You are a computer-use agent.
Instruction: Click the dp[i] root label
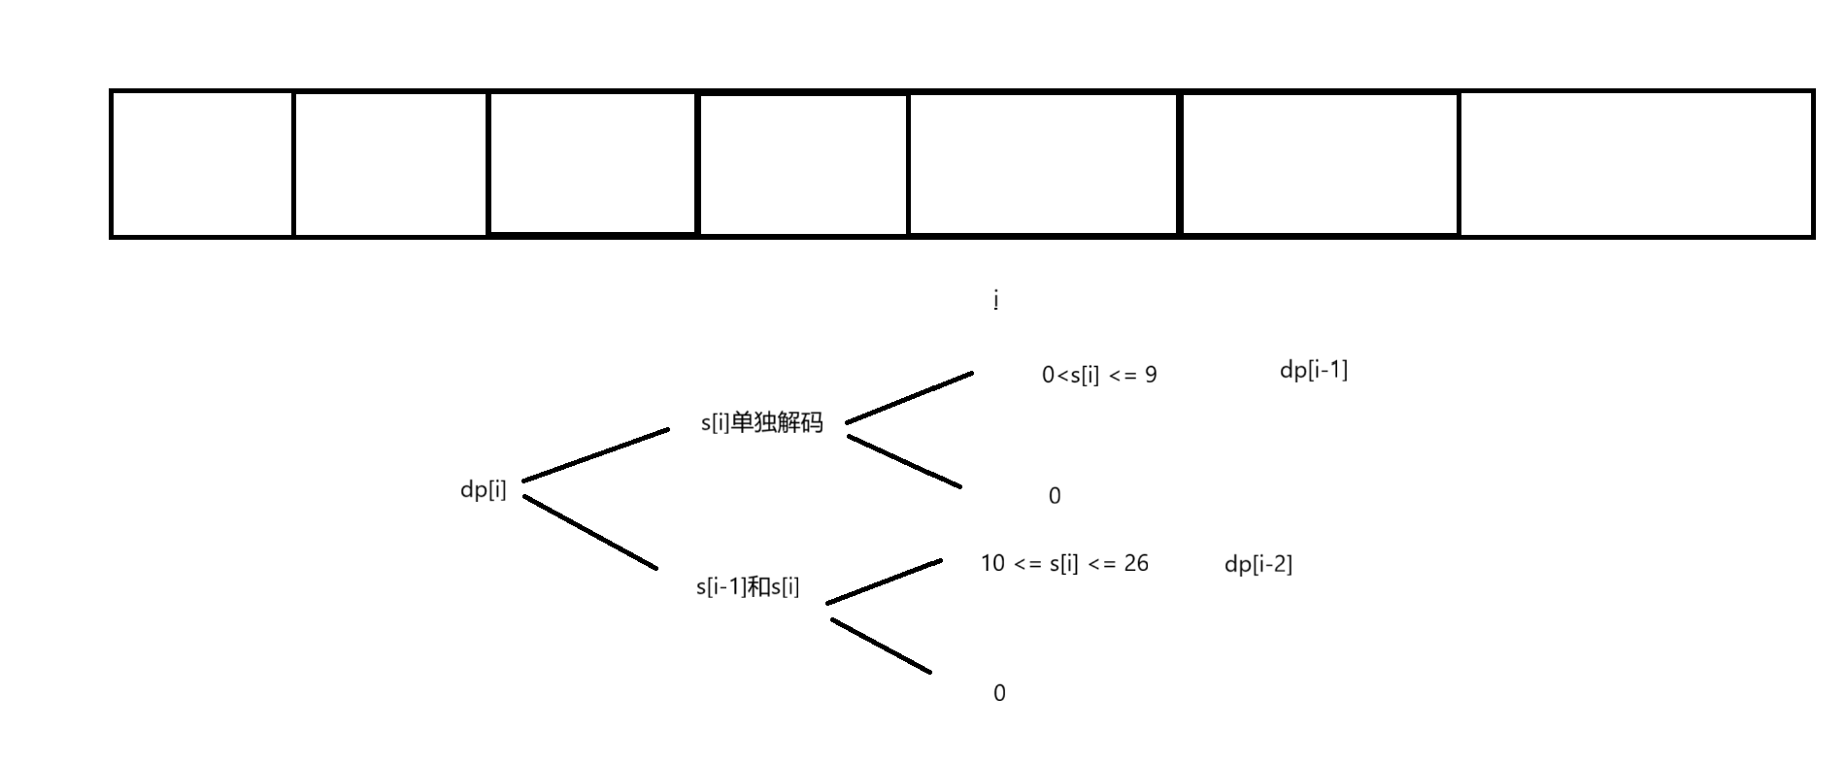point(483,489)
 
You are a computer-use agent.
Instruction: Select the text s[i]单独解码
point(761,423)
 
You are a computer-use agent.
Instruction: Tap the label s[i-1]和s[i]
point(748,586)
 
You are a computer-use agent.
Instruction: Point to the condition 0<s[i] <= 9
point(1099,375)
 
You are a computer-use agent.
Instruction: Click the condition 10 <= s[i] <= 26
point(1064,563)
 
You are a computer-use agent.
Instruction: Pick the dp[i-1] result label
point(1313,370)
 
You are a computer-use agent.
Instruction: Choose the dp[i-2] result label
point(1258,564)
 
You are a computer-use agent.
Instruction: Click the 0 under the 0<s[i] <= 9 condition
point(1055,496)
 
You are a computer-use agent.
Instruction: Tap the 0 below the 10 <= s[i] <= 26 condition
point(999,693)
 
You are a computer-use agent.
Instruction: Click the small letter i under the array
point(996,300)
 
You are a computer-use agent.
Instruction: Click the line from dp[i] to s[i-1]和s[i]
point(590,532)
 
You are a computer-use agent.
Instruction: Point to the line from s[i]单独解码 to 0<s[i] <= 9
point(909,397)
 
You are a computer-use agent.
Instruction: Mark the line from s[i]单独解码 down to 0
point(904,461)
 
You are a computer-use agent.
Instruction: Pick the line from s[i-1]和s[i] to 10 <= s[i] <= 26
point(884,581)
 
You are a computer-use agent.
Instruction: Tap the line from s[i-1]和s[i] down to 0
point(881,646)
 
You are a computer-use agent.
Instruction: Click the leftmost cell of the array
point(202,163)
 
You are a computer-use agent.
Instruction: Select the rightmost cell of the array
point(1635,163)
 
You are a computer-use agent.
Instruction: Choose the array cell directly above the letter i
point(1043,163)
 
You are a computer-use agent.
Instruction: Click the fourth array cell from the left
point(803,163)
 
